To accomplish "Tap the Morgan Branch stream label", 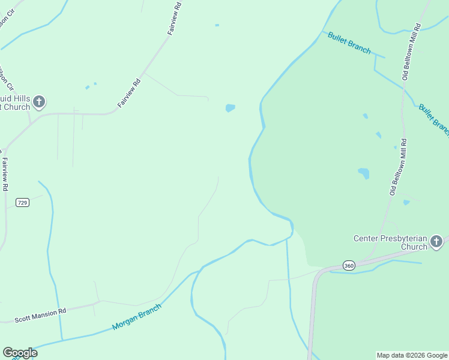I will (x=137, y=317).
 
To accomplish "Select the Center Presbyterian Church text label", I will (x=390, y=242).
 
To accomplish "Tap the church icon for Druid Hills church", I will (x=39, y=101).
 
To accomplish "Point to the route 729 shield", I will (x=22, y=203).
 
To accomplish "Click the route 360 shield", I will (x=349, y=265).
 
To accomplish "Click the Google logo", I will (x=20, y=352).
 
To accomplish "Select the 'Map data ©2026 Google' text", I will (x=412, y=355).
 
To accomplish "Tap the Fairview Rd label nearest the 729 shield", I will (x=5, y=174).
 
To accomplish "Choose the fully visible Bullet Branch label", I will (x=349, y=43).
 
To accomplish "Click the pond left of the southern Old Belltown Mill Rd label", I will (x=364, y=173).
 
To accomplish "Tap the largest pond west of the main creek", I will (x=230, y=108).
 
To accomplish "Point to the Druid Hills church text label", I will (x=15, y=103).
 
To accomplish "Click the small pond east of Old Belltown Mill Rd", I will (x=406, y=203).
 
